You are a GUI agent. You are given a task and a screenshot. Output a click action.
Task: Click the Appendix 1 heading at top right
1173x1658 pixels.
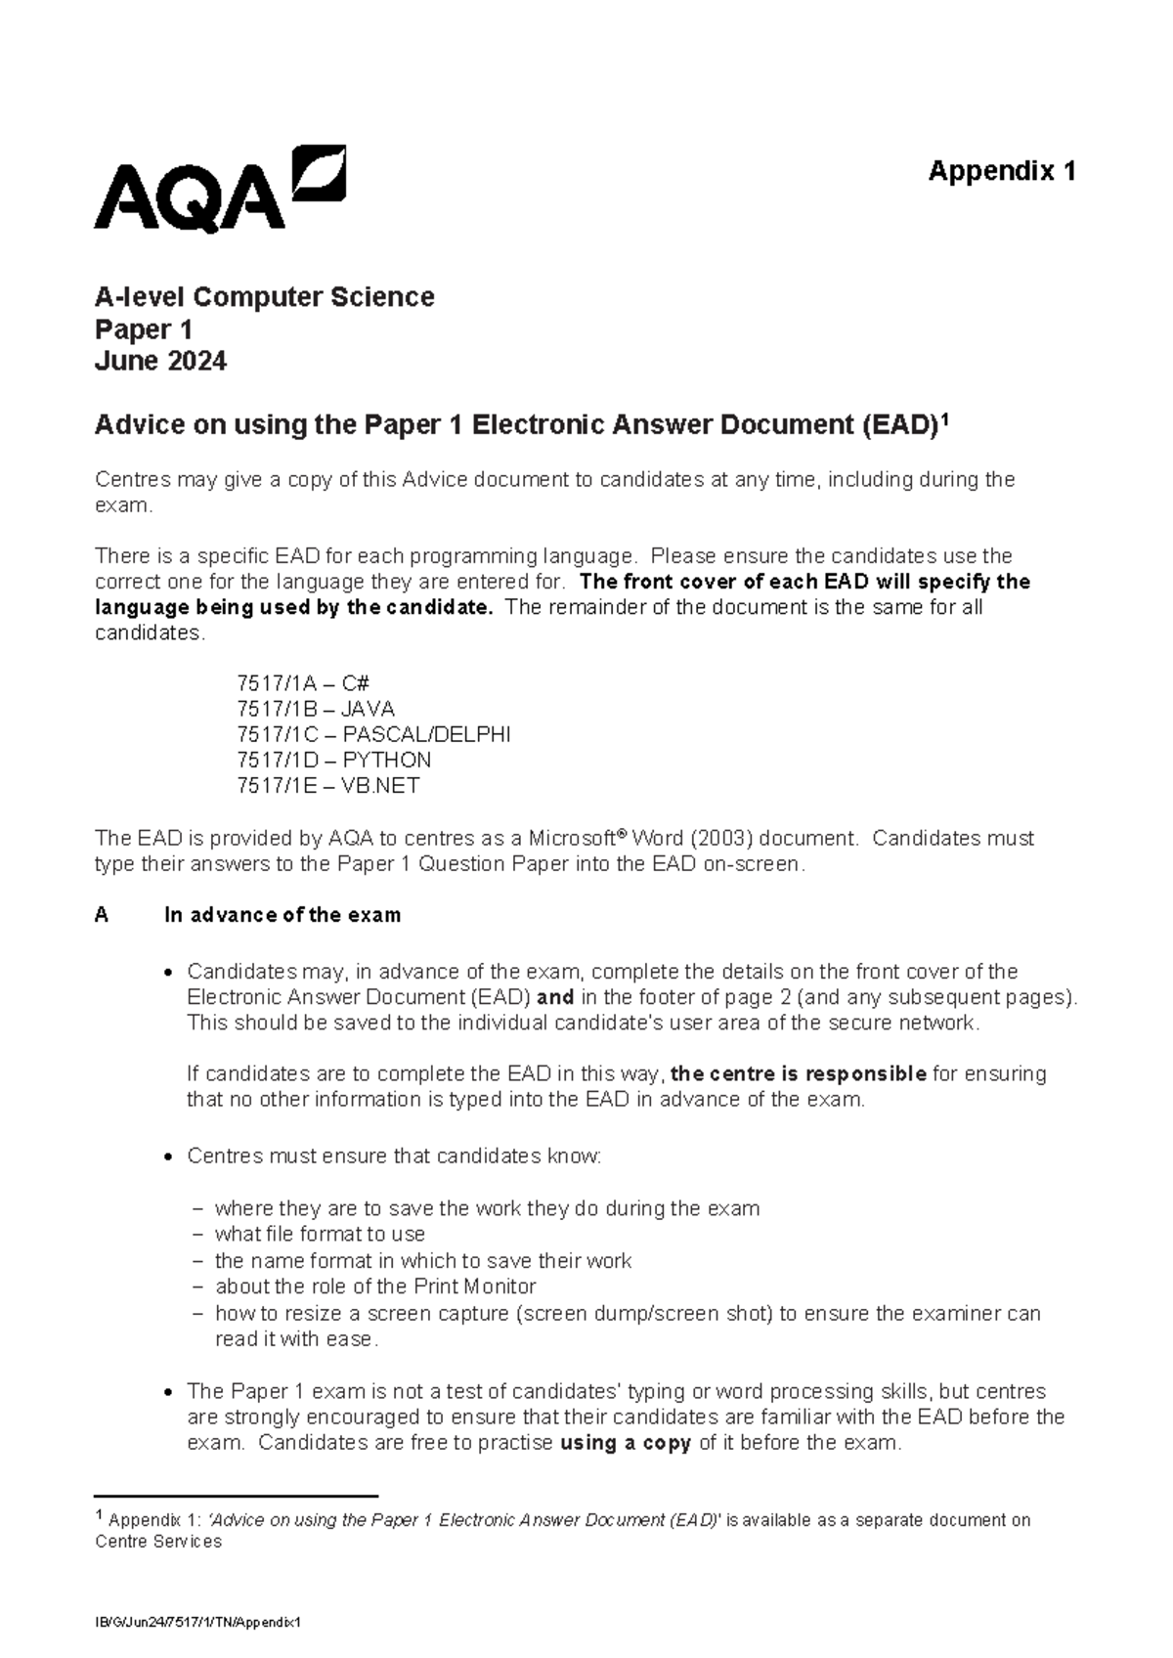(x=1001, y=171)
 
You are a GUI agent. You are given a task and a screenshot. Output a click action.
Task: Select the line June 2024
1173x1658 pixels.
(x=160, y=362)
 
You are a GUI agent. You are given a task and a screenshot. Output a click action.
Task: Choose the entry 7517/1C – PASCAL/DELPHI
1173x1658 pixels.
(x=372, y=734)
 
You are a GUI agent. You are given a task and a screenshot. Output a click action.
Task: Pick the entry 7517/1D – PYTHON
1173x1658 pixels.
(x=333, y=760)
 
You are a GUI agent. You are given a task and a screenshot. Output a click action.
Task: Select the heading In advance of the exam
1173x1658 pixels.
(x=282, y=915)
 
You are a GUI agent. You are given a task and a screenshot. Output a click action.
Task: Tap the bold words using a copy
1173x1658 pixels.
(x=626, y=1443)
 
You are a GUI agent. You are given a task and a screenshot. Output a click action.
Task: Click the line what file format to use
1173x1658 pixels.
(x=320, y=1234)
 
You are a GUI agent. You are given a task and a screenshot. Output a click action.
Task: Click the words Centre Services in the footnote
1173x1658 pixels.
(x=158, y=1542)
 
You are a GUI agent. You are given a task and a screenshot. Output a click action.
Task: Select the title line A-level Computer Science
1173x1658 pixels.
(x=264, y=296)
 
